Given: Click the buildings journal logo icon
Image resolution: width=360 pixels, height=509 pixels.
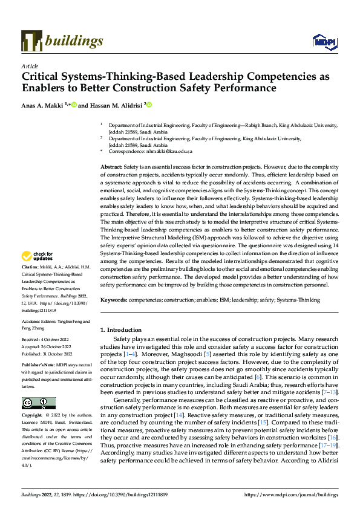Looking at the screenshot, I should pyautogui.click(x=31, y=41).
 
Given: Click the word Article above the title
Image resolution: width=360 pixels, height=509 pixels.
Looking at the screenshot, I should pyautogui.click(x=30, y=66).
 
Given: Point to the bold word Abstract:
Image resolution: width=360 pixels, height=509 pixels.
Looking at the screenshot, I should pyautogui.click(x=111, y=166).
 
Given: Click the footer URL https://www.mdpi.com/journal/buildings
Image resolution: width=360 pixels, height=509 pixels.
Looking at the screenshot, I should pyautogui.click(x=290, y=494).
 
